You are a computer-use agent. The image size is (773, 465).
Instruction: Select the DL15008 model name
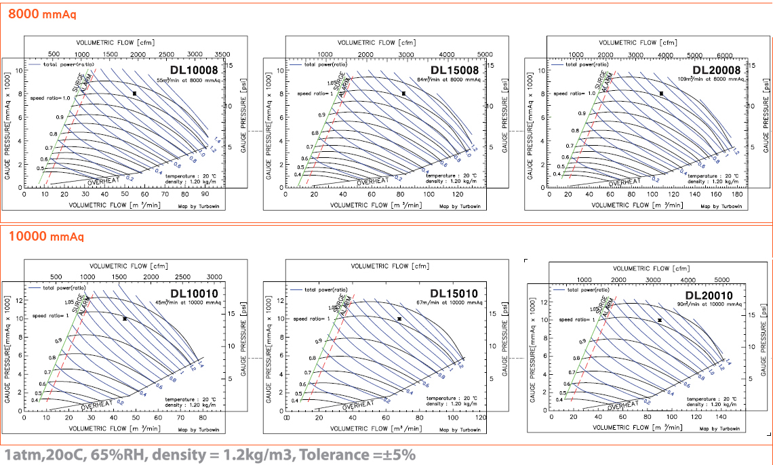(454, 70)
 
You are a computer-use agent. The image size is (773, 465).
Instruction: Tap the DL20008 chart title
(717, 70)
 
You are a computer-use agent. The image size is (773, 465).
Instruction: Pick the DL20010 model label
(709, 296)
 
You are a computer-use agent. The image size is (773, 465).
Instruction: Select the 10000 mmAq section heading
(46, 237)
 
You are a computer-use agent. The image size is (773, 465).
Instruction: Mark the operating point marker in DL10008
(135, 94)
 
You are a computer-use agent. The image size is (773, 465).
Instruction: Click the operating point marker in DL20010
(659, 320)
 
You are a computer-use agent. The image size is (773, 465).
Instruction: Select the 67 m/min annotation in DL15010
(452, 303)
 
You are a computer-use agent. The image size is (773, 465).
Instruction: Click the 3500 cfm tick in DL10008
(222, 54)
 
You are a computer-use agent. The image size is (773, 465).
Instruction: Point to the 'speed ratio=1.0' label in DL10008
(50, 98)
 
